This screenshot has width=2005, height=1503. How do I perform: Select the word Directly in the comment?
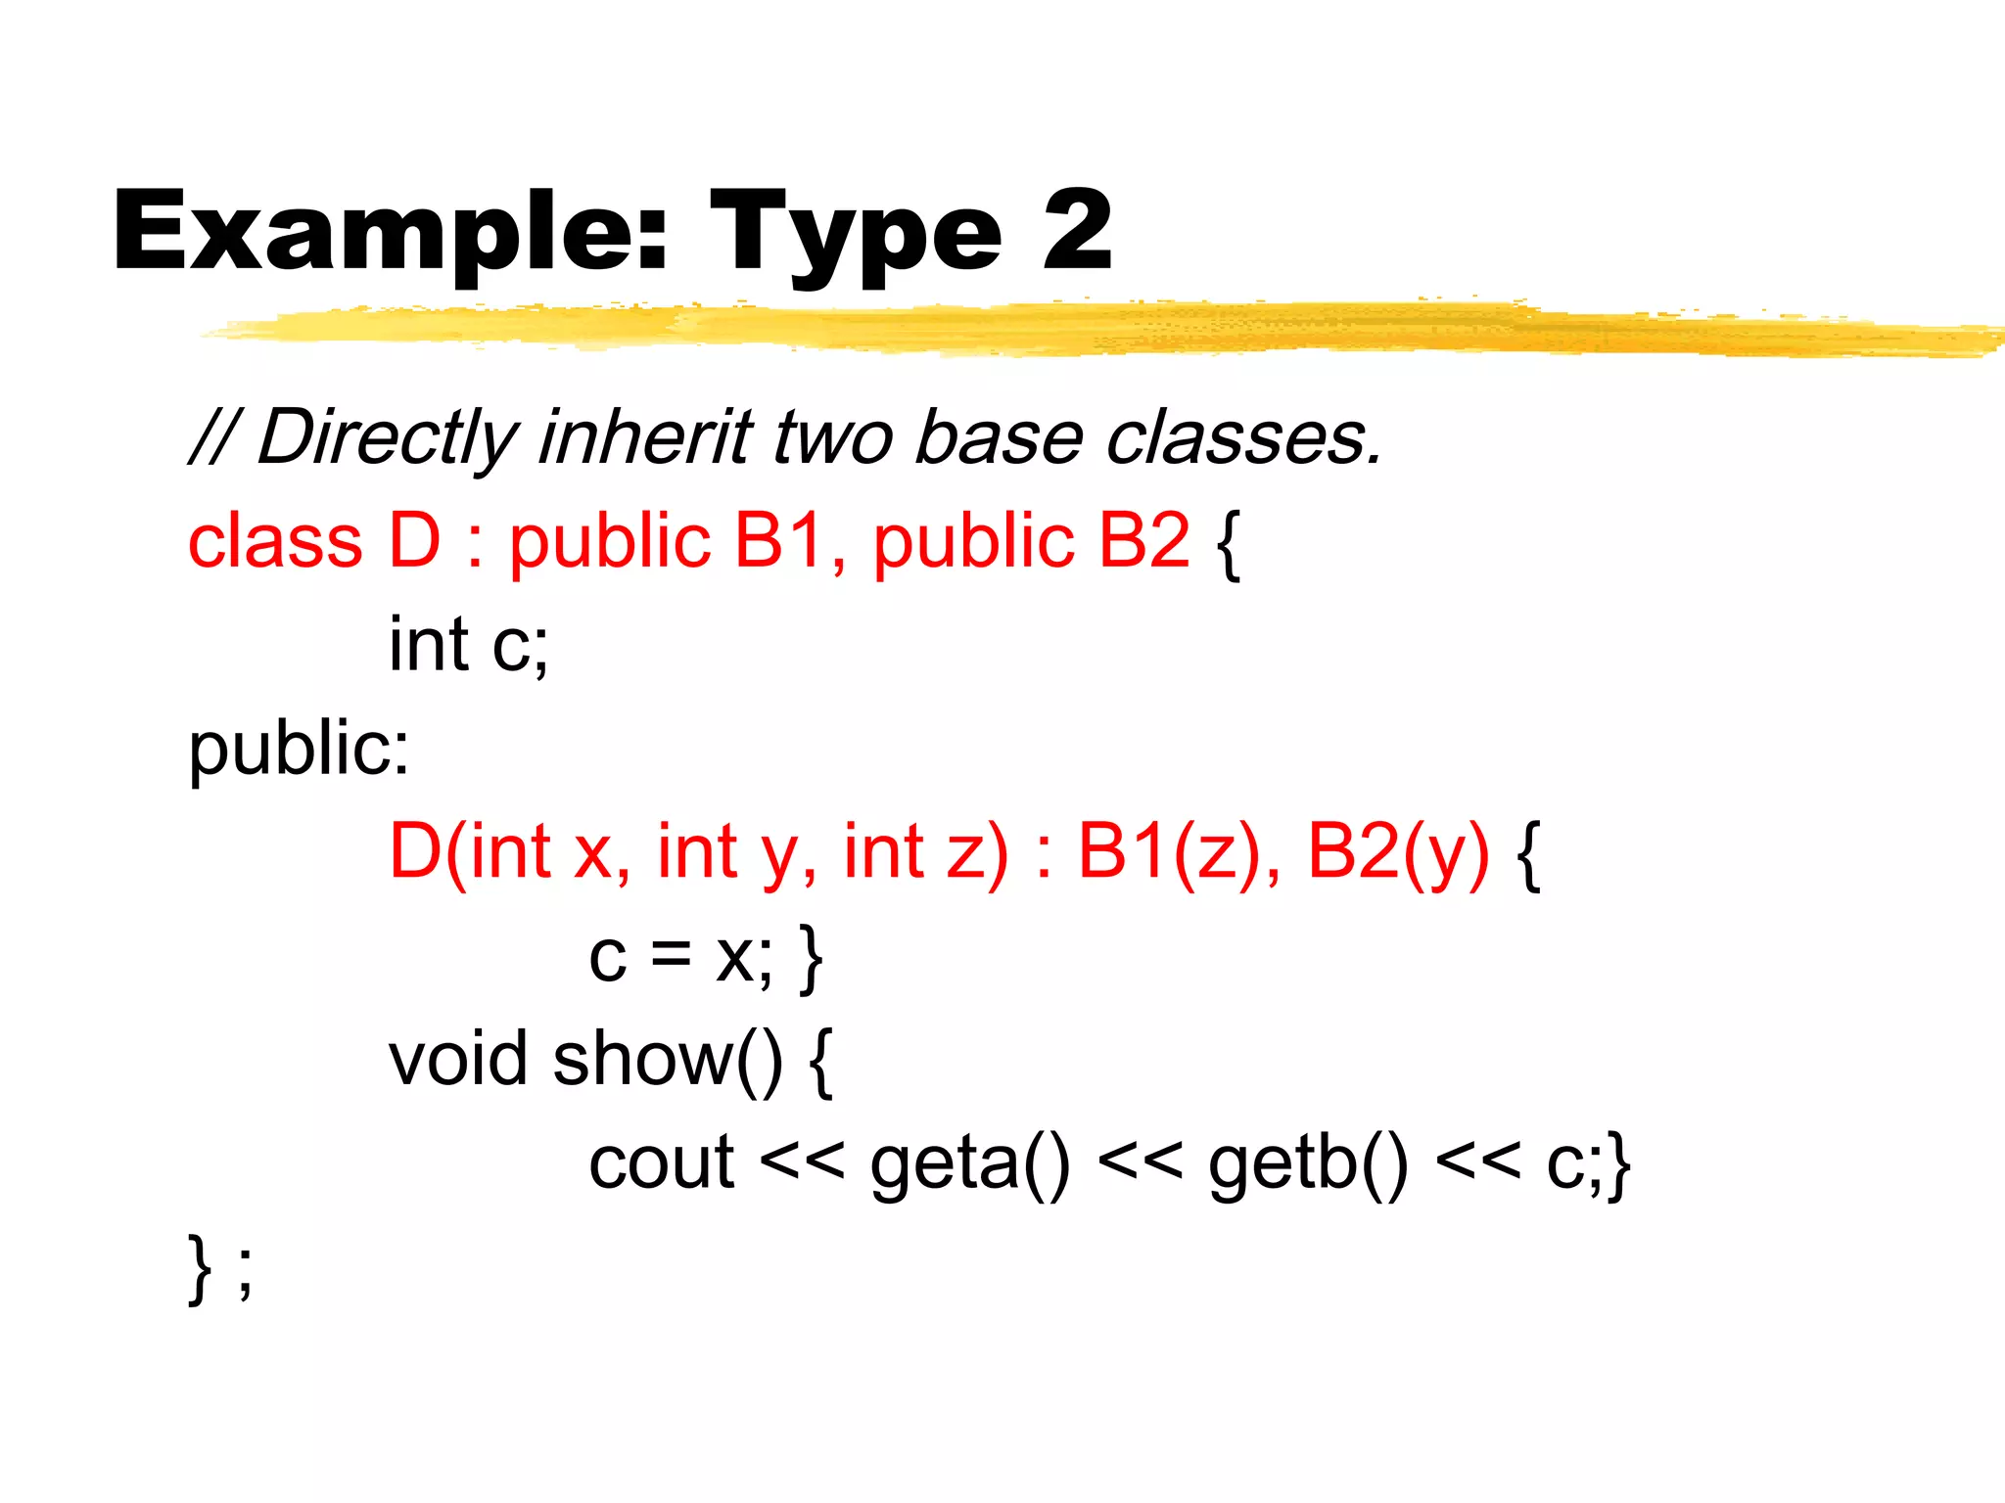click(386, 437)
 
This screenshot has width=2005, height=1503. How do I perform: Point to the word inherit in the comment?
click(646, 437)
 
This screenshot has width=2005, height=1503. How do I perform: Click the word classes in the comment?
click(1243, 437)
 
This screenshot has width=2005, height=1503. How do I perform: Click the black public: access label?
click(299, 749)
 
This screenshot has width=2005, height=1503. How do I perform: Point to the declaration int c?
click(468, 645)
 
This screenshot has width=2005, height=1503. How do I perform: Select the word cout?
click(661, 1163)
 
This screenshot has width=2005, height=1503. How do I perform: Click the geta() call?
click(969, 1163)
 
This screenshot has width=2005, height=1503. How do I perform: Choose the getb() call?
click(1308, 1163)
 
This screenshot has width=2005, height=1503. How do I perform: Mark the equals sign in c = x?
click(671, 955)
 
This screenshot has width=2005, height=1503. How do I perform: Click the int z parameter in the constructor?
click(925, 851)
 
